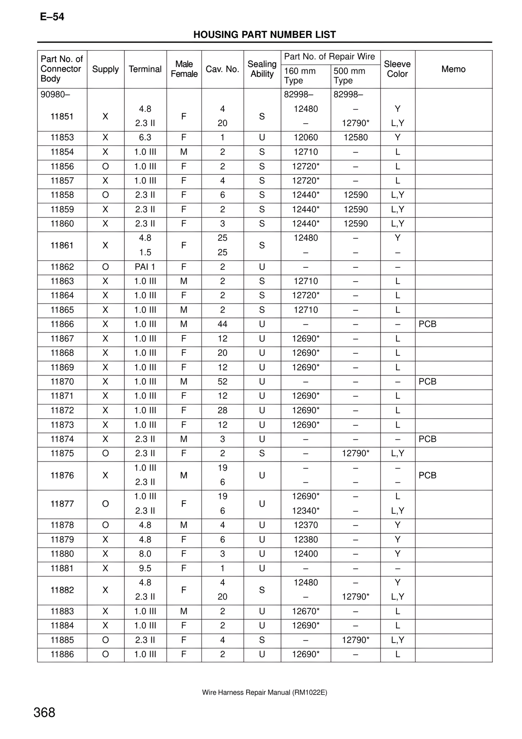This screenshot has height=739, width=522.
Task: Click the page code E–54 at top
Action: [x=52, y=17]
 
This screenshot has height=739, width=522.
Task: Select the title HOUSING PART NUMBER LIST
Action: [x=264, y=35]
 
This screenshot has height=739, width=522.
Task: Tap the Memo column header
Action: [x=453, y=69]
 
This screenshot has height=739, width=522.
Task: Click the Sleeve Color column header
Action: [x=397, y=69]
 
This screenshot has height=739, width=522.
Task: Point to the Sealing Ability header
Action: [x=262, y=69]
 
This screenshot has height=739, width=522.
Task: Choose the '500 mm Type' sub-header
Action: [x=349, y=75]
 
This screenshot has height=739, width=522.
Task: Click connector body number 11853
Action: [x=62, y=138]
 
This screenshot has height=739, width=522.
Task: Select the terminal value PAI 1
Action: [x=145, y=267]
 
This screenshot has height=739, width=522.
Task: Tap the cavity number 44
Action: [x=222, y=324]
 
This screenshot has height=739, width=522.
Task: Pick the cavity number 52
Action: [x=222, y=382]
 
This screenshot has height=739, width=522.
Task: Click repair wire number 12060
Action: [x=305, y=138]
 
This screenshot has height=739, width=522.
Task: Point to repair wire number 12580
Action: [x=355, y=138]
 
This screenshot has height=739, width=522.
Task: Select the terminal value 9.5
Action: [x=145, y=568]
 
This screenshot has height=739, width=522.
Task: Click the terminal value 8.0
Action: [x=145, y=554]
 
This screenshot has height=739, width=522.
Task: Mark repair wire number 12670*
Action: [x=305, y=611]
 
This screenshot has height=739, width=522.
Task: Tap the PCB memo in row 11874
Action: [x=427, y=439]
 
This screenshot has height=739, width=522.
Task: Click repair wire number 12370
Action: [x=305, y=525]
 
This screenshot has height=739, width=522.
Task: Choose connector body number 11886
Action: [x=62, y=654]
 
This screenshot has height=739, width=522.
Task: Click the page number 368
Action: [x=44, y=712]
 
